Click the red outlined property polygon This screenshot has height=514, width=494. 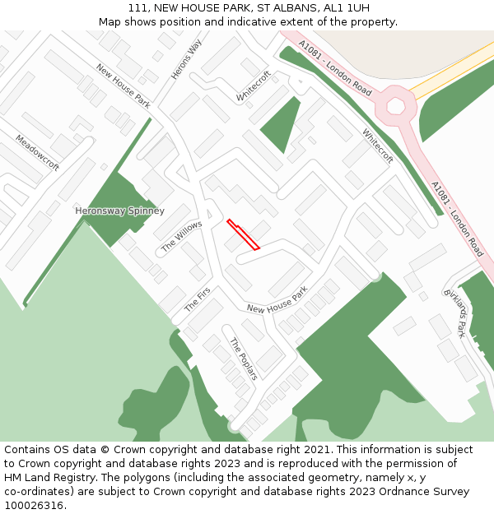click(243, 234)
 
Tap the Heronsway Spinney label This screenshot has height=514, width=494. click(120, 211)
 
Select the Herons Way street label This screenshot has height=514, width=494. click(186, 60)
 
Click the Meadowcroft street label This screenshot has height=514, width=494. click(37, 152)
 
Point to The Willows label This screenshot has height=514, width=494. click(181, 236)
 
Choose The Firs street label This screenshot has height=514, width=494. click(198, 299)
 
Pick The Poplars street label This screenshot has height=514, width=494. click(244, 359)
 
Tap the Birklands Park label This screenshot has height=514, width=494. click(456, 313)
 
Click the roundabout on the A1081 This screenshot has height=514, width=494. click(396, 106)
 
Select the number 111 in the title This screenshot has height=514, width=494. click(137, 7)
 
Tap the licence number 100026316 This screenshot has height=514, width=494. click(33, 506)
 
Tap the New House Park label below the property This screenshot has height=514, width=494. click(277, 300)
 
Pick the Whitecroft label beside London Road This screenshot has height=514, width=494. click(378, 146)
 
